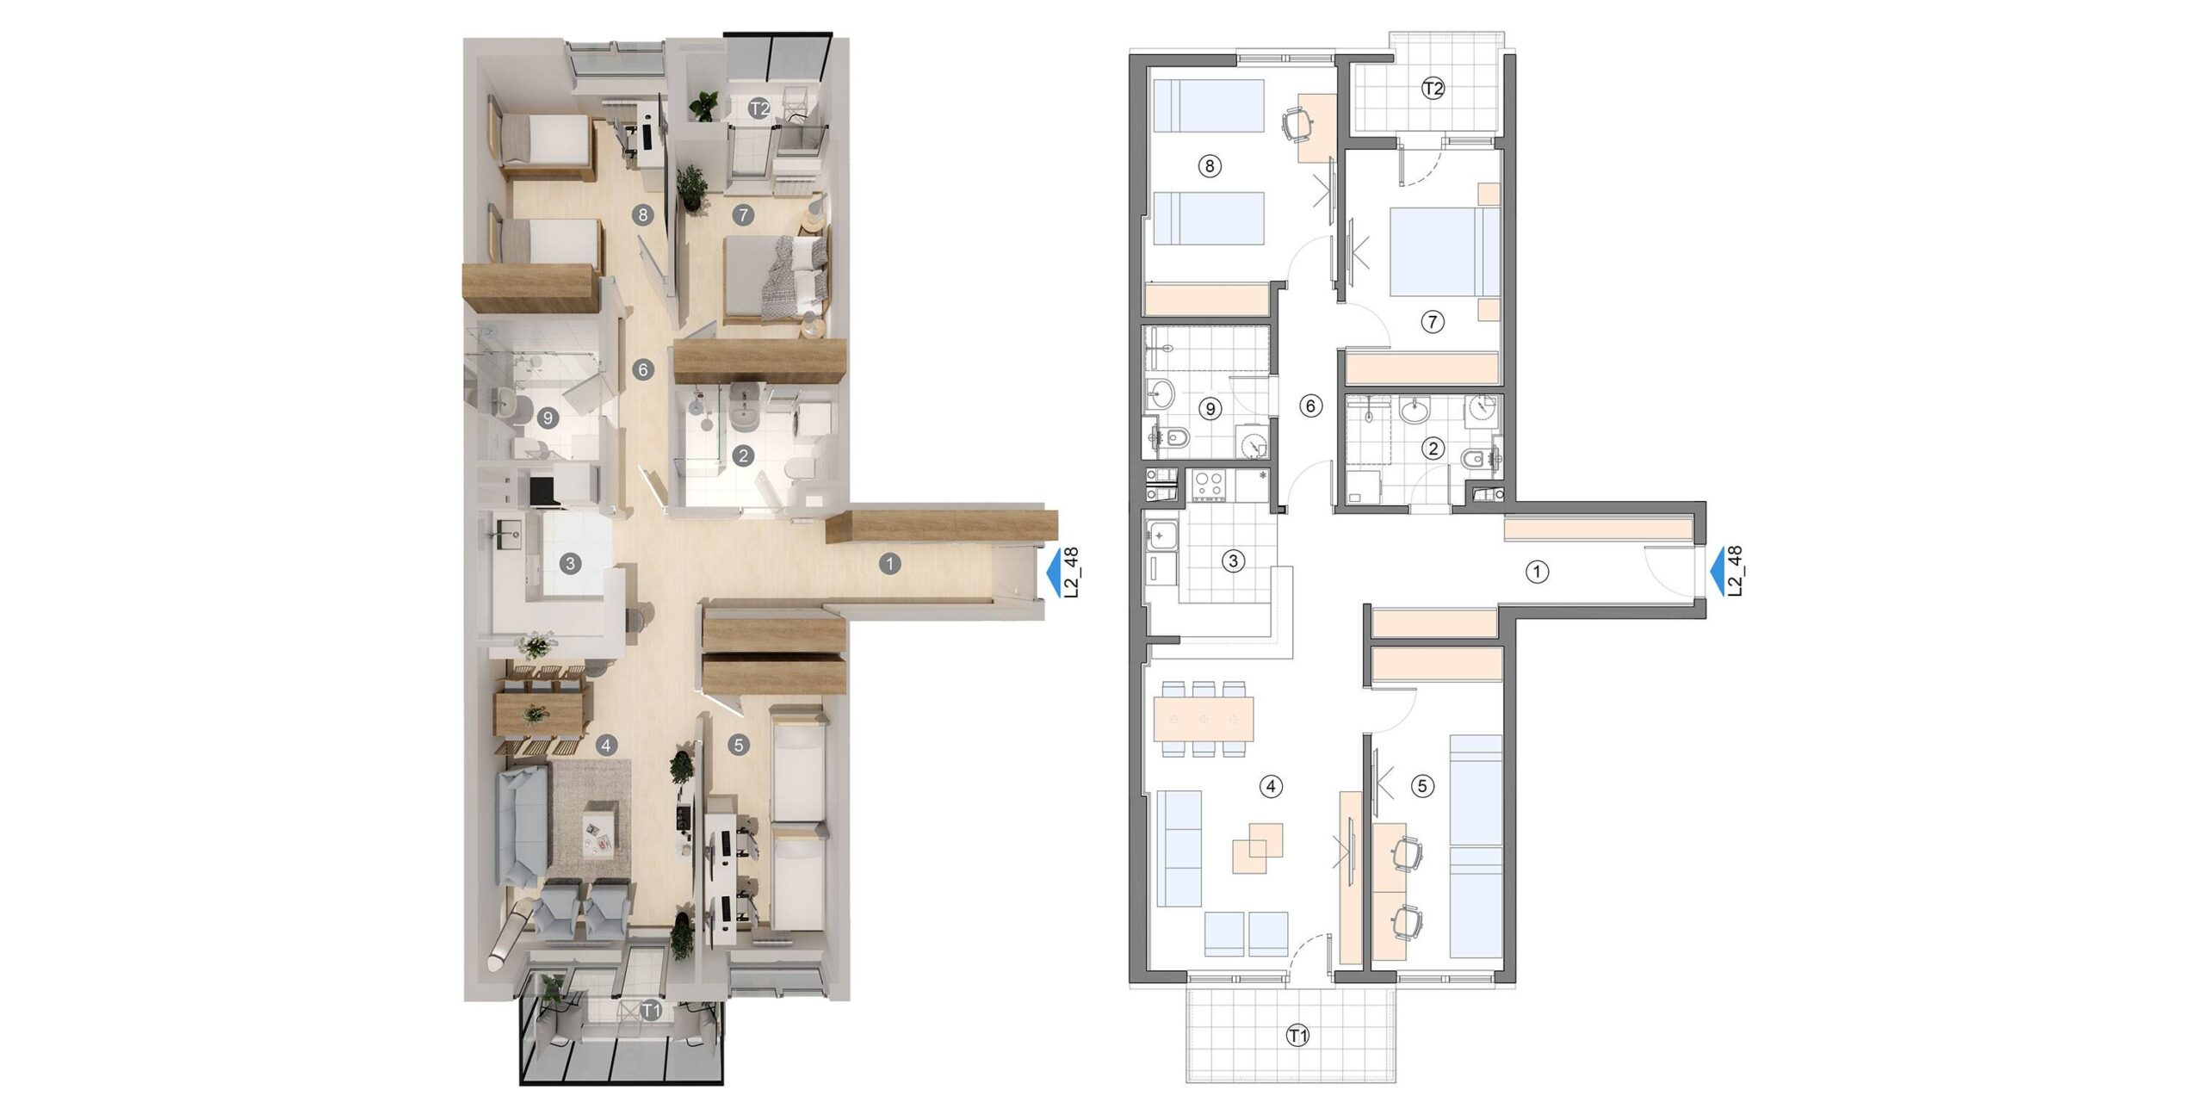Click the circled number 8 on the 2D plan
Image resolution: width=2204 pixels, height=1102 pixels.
tap(1210, 165)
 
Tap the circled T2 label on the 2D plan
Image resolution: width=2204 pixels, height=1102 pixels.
tap(1433, 88)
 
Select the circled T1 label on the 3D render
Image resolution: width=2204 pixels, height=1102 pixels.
tap(653, 1010)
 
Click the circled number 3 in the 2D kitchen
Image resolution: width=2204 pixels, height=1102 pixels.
tap(1233, 561)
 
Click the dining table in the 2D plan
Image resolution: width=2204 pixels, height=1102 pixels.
tap(1203, 719)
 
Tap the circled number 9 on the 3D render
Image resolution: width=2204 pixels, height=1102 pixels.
tap(547, 418)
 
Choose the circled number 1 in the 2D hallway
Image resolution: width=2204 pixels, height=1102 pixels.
tap(1537, 572)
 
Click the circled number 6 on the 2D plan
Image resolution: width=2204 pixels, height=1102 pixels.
tap(1310, 406)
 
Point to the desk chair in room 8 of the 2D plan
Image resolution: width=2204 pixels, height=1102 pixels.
tap(1298, 123)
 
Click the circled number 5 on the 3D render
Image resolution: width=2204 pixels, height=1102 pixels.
tap(738, 745)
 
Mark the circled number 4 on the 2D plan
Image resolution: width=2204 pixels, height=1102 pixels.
tap(1270, 785)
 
